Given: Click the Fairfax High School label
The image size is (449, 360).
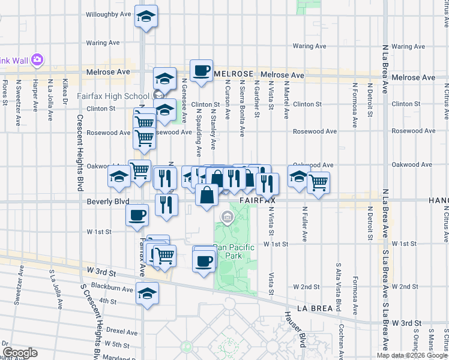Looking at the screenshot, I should point(113,96).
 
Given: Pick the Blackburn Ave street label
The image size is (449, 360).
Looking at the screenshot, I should point(112,289).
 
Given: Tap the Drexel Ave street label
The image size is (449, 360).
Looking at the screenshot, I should point(122,331).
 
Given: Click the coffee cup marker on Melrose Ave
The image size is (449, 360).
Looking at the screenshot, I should point(201,70).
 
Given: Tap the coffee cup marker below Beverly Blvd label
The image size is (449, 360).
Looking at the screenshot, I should point(137,214).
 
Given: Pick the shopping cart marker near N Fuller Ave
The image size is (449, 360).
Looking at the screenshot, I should point(319,182).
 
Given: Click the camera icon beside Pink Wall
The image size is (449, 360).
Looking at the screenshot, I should point(38,60).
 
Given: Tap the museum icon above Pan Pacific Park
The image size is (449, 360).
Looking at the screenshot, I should point(228,217).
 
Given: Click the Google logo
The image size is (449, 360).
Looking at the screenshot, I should point(20,353).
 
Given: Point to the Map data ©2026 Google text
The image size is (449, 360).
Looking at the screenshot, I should point(412,355).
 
